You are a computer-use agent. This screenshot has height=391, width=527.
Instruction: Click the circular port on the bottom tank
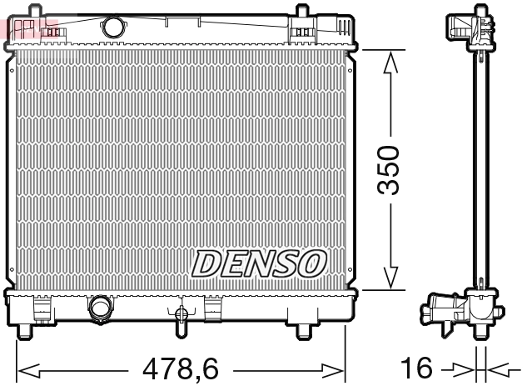(x=100, y=308)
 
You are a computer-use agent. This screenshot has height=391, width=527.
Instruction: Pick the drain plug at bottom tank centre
(x=181, y=316)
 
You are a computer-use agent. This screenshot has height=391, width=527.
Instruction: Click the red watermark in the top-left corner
(x=18, y=28)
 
